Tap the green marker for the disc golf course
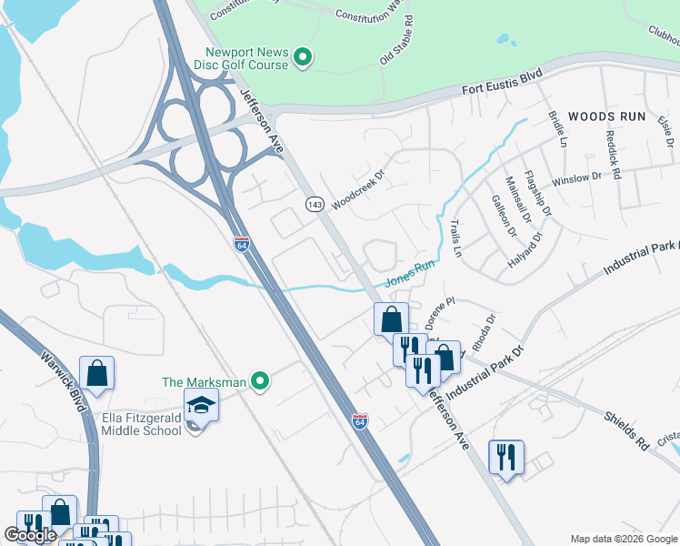[x=305, y=61]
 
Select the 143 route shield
[x=315, y=205]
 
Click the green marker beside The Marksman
[x=260, y=382]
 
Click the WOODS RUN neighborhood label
[x=606, y=116]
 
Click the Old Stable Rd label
[x=396, y=39]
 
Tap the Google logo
[x=30, y=535]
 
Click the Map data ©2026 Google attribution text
[x=623, y=539]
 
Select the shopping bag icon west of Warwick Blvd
[x=96, y=372]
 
